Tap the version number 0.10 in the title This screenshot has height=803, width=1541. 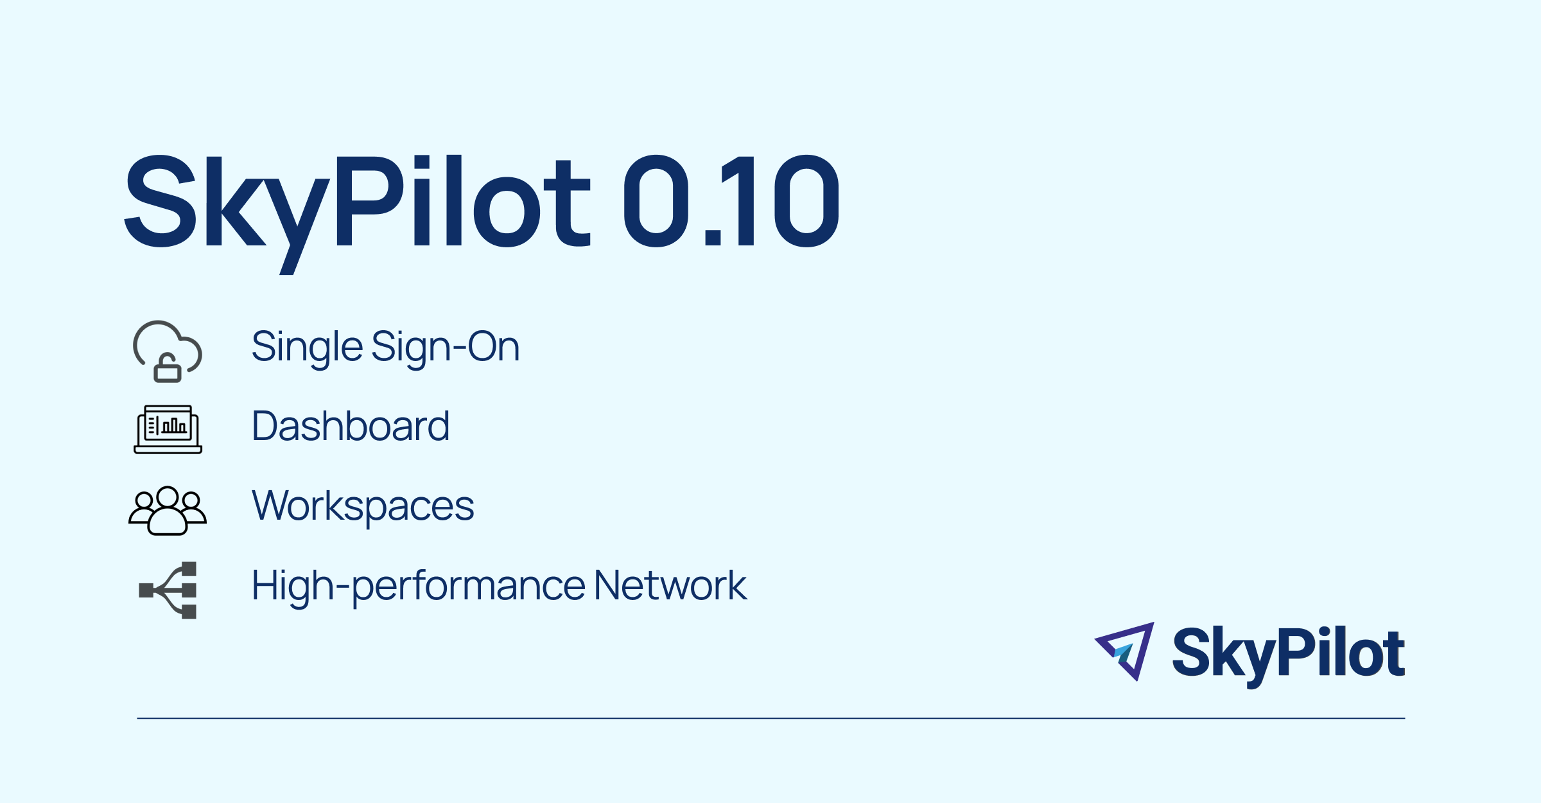coord(731,201)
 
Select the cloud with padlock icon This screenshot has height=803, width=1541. coord(168,351)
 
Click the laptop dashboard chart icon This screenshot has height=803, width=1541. coord(168,429)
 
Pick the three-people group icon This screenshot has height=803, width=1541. coord(168,511)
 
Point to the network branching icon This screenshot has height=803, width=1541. coord(168,590)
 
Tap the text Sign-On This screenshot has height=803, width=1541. coord(445,348)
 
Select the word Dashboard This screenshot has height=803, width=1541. coord(350,425)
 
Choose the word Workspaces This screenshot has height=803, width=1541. coord(363,507)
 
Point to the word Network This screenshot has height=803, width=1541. coord(670,585)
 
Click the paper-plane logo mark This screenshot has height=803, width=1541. coord(1125,651)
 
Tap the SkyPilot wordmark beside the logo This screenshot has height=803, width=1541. coord(1289,655)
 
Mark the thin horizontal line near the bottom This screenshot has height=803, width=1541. coord(771,718)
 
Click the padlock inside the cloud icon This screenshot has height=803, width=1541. coord(168,368)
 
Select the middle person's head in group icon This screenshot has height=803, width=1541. coord(168,497)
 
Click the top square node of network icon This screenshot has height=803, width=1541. coord(189,569)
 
